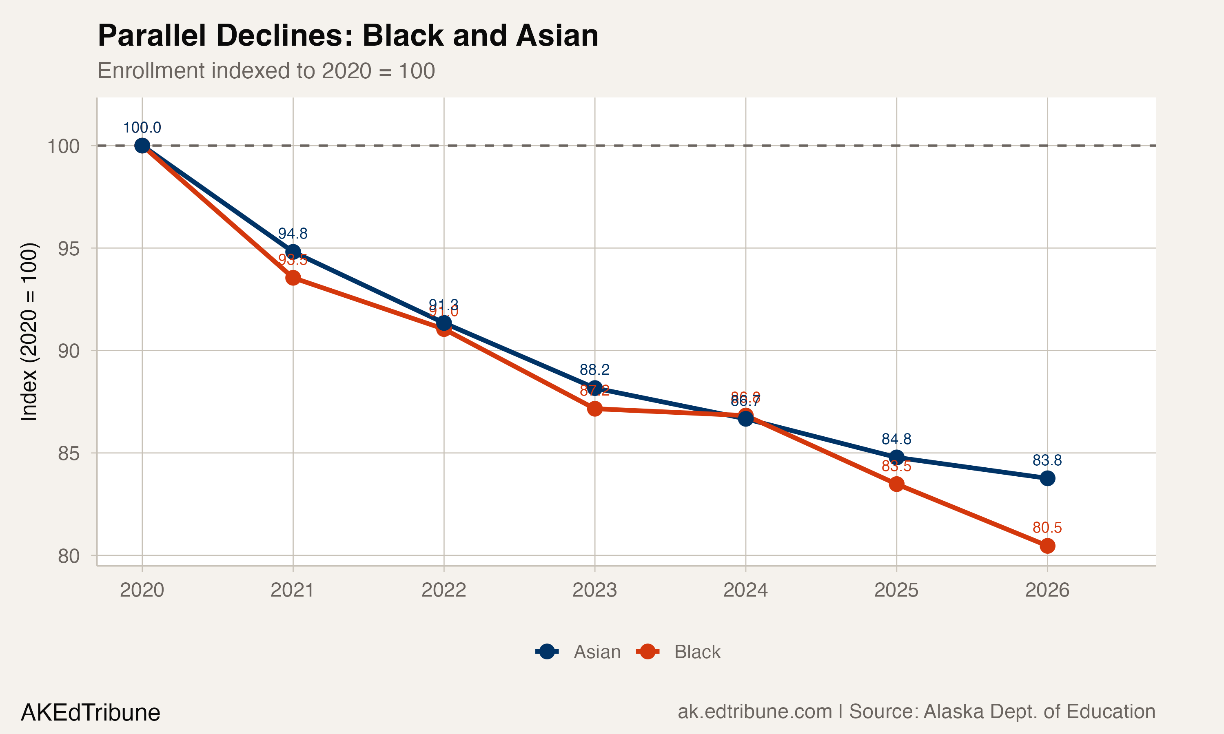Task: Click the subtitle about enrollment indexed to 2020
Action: click(266, 71)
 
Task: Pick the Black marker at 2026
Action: click(1047, 546)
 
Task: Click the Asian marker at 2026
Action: click(1047, 478)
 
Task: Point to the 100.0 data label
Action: click(142, 128)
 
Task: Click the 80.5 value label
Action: click(1047, 527)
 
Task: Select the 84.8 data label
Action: click(896, 439)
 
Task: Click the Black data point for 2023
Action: click(595, 409)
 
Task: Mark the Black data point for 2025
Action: click(896, 484)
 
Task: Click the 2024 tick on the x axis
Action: click(745, 590)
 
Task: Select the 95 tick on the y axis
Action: click(68, 249)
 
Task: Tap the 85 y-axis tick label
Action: click(68, 453)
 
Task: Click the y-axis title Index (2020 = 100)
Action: click(29, 332)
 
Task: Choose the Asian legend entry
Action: click(579, 652)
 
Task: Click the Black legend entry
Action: click(679, 652)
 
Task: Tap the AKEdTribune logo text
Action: click(91, 713)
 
